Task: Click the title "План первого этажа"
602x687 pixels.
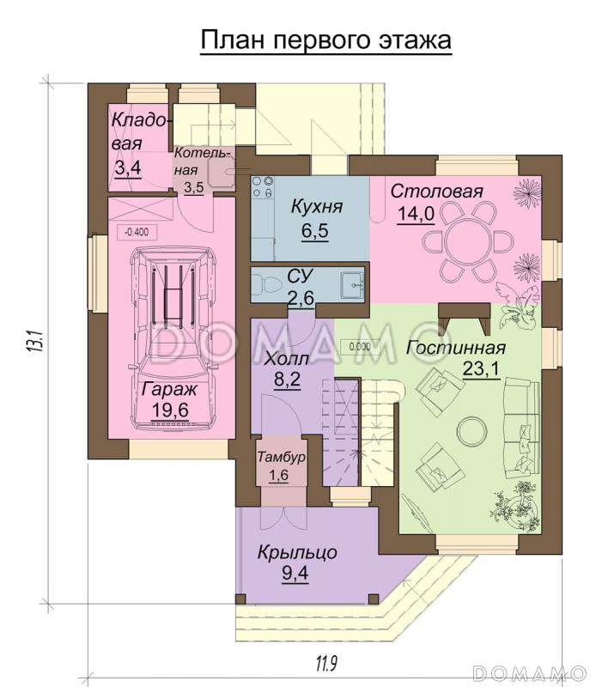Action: [325, 40]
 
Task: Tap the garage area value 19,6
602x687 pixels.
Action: [170, 410]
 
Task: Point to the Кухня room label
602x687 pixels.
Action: [317, 206]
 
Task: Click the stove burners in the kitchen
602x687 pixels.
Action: [263, 186]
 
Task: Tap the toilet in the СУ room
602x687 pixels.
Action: [267, 284]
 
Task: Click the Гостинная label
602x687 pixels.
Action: [456, 348]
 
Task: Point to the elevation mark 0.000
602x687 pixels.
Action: [360, 348]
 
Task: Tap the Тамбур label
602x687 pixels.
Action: [281, 457]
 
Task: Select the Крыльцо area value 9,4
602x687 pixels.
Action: [295, 573]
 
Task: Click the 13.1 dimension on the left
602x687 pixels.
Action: [34, 340]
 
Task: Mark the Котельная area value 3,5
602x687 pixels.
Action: [194, 188]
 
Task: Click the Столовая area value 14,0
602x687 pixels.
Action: [416, 214]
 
